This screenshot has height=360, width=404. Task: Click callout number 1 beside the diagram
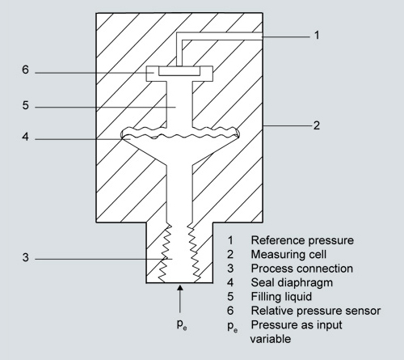(x=317, y=35)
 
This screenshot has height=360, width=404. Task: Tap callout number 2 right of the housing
(x=317, y=125)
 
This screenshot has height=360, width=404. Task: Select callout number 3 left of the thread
(x=26, y=257)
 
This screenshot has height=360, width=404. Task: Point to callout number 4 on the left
(x=25, y=137)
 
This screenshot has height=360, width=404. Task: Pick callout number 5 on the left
(x=26, y=105)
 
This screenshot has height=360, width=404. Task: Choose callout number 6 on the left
(x=25, y=70)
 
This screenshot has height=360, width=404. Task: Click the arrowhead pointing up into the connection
(x=180, y=287)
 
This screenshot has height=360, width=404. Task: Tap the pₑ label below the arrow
(x=182, y=324)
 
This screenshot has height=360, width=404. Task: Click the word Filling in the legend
(x=264, y=297)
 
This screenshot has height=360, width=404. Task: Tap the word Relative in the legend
(x=272, y=311)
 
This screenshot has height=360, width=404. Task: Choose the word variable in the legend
(x=271, y=339)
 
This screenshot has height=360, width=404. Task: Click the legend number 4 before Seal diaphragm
(x=230, y=282)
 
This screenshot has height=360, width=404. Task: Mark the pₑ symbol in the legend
(x=233, y=326)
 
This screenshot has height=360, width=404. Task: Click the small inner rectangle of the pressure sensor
(x=179, y=71)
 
